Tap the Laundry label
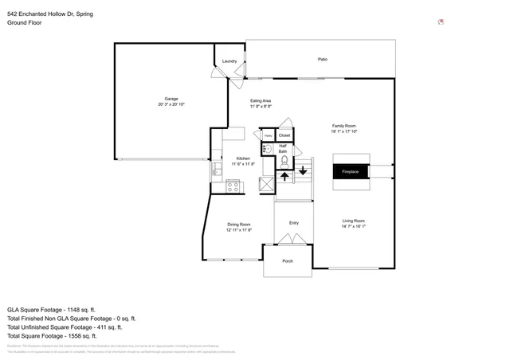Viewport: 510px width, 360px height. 229,61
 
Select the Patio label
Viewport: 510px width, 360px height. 323,60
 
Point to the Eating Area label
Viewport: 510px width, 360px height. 261,100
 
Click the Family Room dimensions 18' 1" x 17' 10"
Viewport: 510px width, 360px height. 344,131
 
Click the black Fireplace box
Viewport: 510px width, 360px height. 351,172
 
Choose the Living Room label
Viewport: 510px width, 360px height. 353,221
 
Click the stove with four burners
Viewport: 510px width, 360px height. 233,187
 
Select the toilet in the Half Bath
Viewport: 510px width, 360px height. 284,159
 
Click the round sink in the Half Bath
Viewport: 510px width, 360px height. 267,149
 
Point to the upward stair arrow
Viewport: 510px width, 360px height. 284,175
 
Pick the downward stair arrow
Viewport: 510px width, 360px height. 303,169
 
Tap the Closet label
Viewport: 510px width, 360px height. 284,135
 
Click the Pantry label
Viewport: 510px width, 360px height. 267,136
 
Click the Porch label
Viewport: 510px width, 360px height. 288,260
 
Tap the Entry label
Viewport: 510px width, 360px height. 293,223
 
